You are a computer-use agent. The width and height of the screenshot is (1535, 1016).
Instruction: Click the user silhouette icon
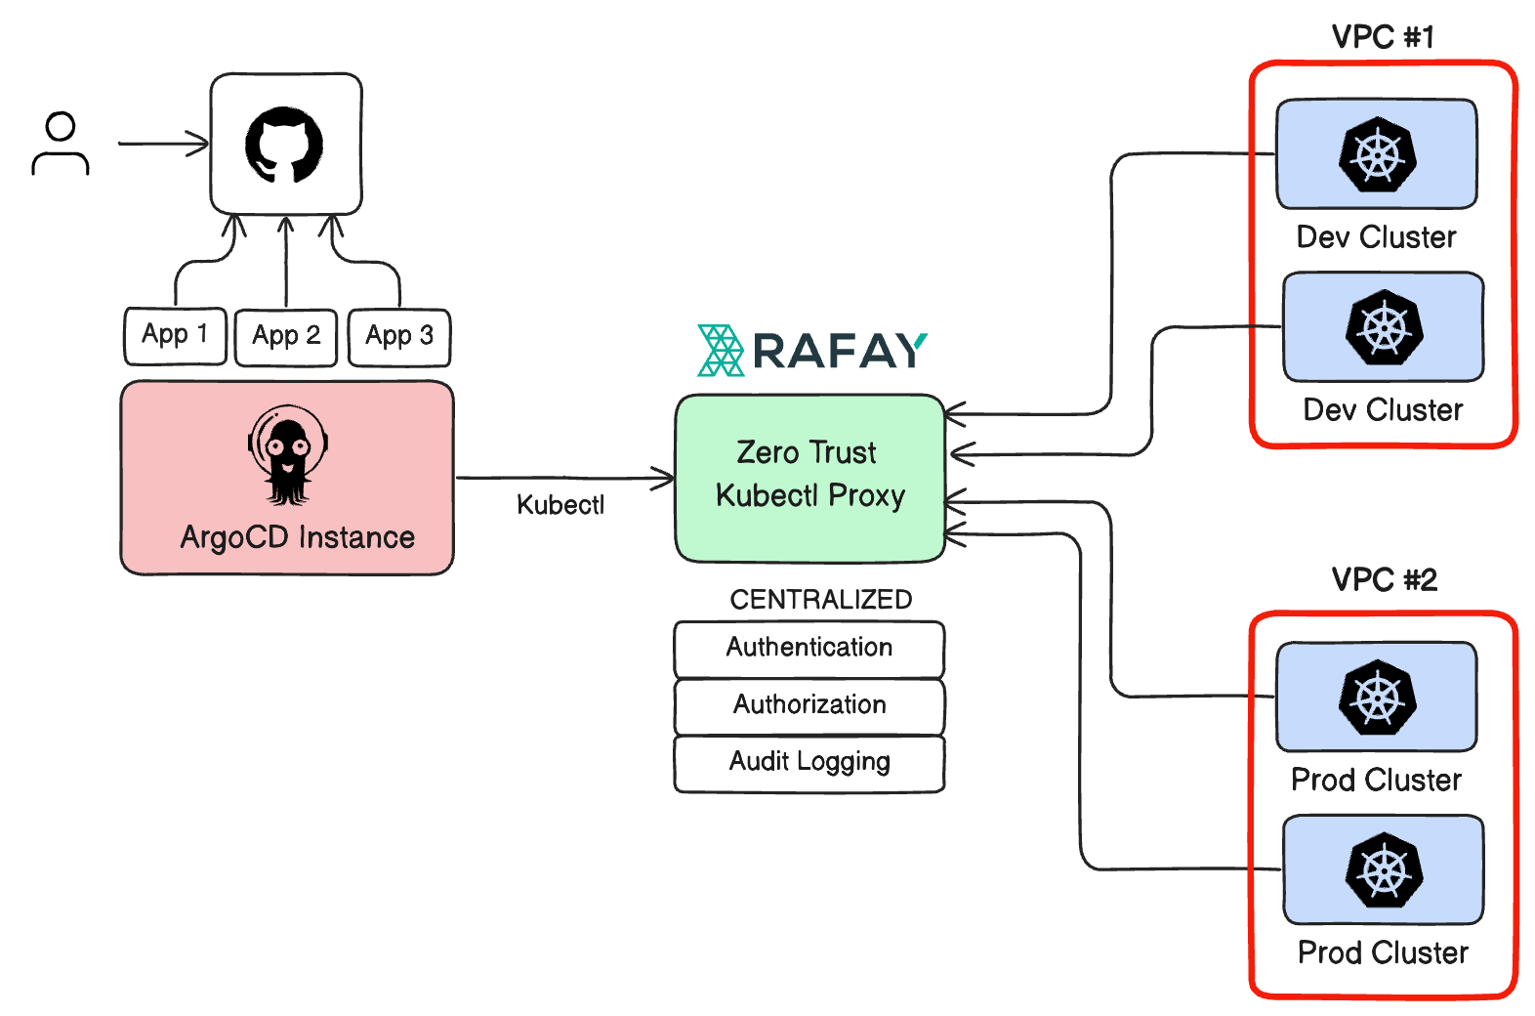pos(61,144)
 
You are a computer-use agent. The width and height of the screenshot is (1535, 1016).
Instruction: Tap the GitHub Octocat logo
pos(284,145)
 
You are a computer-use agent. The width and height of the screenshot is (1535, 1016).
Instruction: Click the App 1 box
pos(176,335)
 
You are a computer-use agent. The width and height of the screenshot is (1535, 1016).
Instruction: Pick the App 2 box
pos(286,337)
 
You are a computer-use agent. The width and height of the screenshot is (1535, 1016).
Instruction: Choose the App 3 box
pos(399,337)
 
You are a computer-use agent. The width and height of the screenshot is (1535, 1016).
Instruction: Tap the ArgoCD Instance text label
pos(298,537)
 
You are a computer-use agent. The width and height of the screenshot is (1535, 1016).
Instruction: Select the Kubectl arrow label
pos(560,505)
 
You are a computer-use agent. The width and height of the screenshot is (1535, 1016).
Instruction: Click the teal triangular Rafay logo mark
pos(721,351)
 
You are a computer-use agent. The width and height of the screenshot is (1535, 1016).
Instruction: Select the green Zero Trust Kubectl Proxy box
pos(809,478)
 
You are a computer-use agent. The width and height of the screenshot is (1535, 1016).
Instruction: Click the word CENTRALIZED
pos(820,599)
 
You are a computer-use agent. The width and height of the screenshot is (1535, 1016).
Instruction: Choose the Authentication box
pos(809,649)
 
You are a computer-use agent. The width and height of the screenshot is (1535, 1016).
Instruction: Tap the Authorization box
pos(809,705)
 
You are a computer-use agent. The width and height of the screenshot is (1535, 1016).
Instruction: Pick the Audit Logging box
pos(809,763)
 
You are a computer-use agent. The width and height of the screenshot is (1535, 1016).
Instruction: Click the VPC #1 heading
pos(1383,37)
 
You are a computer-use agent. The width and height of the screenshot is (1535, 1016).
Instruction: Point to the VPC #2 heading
pos(1384,579)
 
